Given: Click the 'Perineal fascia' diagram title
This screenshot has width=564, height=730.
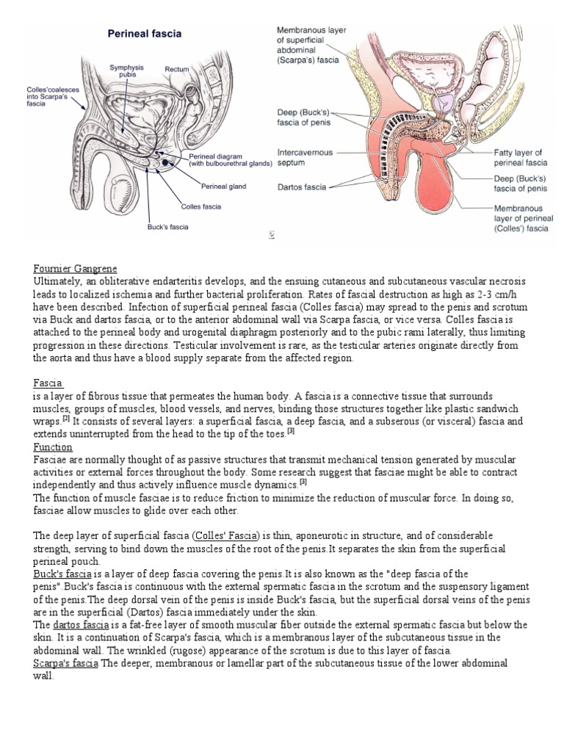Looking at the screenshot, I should [145, 34].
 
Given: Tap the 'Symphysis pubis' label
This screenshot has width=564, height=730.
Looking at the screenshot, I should [126, 71].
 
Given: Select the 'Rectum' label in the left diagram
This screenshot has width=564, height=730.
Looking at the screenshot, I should [177, 69].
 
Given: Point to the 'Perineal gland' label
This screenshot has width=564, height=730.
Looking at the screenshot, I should [223, 187].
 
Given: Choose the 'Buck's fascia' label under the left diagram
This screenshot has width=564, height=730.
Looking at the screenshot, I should [168, 227].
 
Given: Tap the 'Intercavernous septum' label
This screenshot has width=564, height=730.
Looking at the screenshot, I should [304, 157].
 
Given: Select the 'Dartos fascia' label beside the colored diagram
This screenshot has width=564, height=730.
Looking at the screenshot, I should [301, 187].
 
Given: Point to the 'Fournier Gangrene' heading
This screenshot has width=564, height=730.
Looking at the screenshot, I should [76, 268].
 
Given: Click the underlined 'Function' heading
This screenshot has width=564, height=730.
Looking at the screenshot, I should [54, 447].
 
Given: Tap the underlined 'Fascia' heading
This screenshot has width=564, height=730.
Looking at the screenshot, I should [48, 383].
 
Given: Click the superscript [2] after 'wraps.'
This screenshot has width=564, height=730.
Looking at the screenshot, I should [65, 419].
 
